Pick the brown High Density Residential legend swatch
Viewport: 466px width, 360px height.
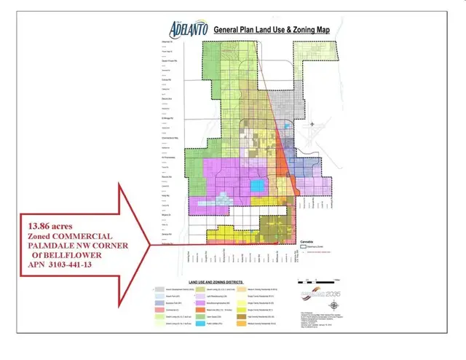pos(241,316)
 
